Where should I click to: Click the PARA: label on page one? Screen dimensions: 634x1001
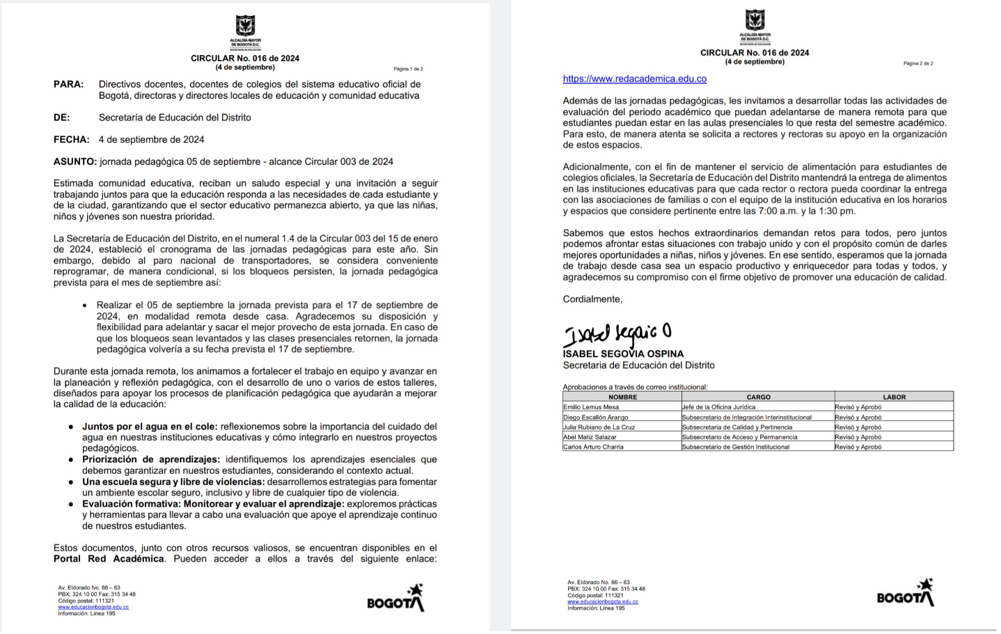coord(68,84)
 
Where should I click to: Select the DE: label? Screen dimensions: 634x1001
coord(61,118)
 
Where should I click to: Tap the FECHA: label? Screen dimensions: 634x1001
coord(71,139)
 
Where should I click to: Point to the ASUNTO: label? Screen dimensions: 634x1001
coord(74,161)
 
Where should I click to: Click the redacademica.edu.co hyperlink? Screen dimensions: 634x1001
coord(634,79)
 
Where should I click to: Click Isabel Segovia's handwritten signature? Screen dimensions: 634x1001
coord(617,334)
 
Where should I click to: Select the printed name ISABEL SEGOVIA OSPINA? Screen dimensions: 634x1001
coord(623,354)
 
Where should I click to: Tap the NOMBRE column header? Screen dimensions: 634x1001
coord(622,397)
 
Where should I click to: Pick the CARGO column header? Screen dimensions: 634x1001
coord(758,397)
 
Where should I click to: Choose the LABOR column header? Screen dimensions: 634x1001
coord(894,397)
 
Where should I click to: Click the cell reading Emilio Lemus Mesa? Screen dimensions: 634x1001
coord(591,407)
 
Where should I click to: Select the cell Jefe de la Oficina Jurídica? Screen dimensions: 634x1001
coord(718,407)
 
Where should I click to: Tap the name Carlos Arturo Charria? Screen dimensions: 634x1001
coord(593,447)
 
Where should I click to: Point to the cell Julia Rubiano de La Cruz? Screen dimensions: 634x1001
coord(599,427)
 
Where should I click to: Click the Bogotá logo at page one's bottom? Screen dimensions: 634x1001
coord(395,599)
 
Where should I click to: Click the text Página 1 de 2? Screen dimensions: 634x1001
coord(408,69)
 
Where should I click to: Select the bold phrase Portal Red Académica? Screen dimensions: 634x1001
coord(109,559)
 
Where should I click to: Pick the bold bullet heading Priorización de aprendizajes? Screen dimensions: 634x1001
coord(150,459)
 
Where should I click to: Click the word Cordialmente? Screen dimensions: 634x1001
coord(592,299)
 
